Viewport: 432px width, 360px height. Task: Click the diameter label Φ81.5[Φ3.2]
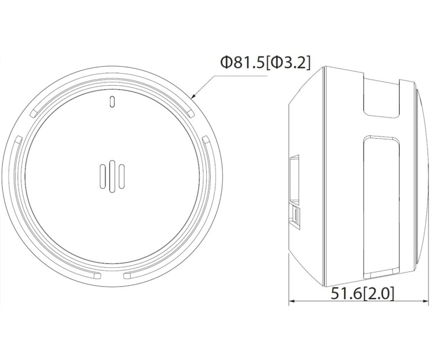click(x=266, y=63)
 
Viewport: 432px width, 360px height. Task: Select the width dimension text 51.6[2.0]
click(x=362, y=293)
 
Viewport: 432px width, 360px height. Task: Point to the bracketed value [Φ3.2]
click(x=288, y=63)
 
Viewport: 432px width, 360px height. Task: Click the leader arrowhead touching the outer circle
click(x=194, y=96)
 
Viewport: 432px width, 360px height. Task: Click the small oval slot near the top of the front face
click(x=112, y=101)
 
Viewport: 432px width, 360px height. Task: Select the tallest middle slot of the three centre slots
click(x=112, y=176)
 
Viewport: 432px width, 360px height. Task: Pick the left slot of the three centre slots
click(x=103, y=177)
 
